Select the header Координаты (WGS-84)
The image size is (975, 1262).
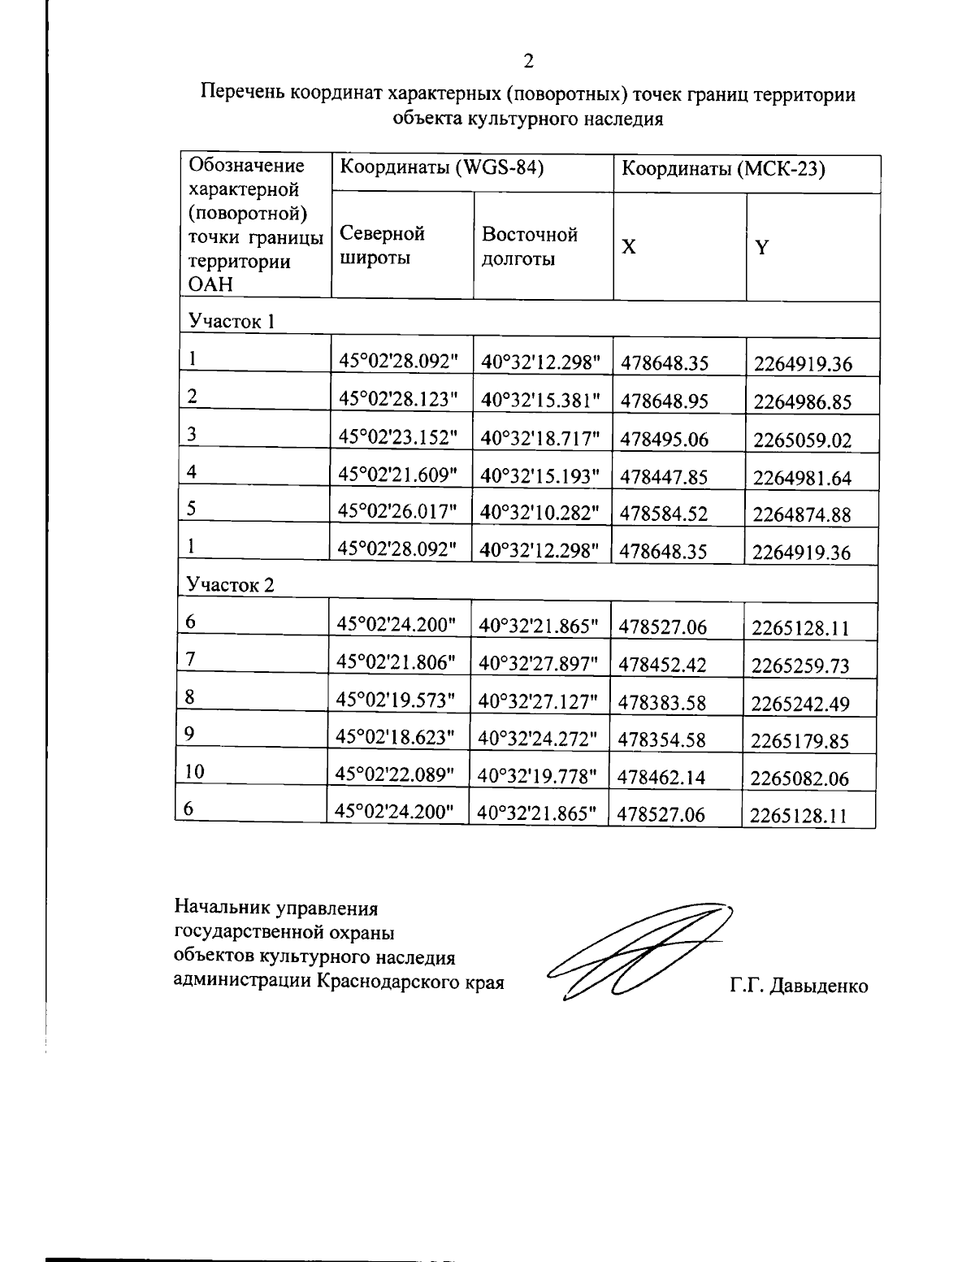[x=440, y=168]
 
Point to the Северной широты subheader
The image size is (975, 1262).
[x=382, y=246]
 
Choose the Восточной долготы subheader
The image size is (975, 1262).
[x=529, y=246]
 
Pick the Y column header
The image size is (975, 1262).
[x=761, y=248]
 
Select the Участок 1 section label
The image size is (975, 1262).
[x=232, y=321]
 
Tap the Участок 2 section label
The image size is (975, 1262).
[x=231, y=584]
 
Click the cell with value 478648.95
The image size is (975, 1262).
[x=665, y=401]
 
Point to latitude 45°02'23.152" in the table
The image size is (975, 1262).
[x=398, y=438]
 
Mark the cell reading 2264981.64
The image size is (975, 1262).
[x=802, y=478]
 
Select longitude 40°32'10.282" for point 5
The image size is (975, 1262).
[x=539, y=513]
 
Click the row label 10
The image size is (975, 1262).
[x=194, y=772]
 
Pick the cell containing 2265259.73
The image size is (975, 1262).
[x=800, y=666]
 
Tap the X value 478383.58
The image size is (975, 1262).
[x=662, y=703]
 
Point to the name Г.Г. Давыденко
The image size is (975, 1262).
[x=799, y=987]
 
